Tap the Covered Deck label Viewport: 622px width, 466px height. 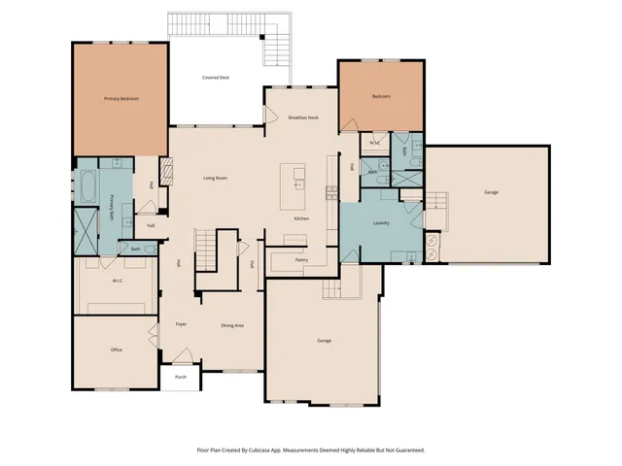[216, 78]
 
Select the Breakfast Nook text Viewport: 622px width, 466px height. [303, 117]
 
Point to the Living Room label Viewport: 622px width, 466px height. [215, 178]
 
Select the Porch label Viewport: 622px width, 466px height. [180, 377]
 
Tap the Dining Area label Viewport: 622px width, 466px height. [232, 325]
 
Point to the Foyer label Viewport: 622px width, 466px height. [181, 323]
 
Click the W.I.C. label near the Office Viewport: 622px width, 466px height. [117, 282]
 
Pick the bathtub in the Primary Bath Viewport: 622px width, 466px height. [86, 185]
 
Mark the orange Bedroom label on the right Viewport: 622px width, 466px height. [381, 97]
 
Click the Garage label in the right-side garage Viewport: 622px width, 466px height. [491, 192]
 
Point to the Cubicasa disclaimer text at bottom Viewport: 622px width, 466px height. [311, 449]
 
